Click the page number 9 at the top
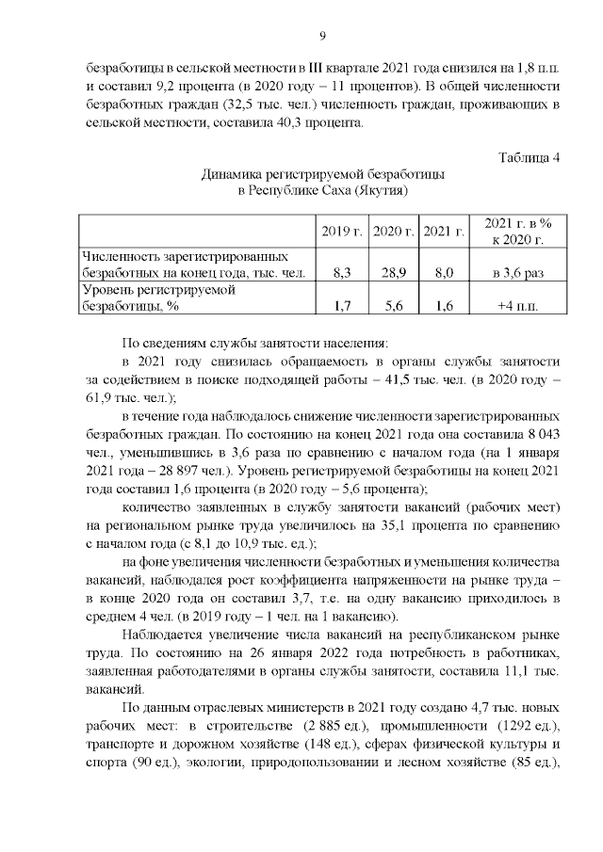click(322, 36)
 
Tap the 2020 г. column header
click(393, 232)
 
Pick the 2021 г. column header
click(443, 232)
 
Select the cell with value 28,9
click(393, 273)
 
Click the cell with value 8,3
click(342, 273)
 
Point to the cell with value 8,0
click(443, 273)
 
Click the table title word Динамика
click(231, 174)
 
